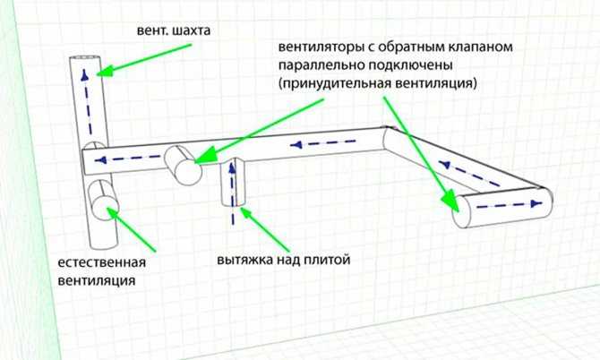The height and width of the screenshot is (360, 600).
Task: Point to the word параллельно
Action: click(x=321, y=65)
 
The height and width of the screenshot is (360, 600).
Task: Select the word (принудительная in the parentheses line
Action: click(x=334, y=83)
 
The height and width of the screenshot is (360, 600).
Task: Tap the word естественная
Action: click(x=102, y=262)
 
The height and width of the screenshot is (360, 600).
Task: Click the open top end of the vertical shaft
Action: click(x=84, y=58)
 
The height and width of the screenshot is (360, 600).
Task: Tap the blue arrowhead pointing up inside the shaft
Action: click(x=84, y=75)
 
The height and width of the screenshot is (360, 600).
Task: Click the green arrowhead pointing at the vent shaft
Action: click(x=105, y=72)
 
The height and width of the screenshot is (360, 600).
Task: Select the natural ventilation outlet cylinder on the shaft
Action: click(x=103, y=200)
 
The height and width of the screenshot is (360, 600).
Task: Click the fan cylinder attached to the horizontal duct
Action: click(x=184, y=166)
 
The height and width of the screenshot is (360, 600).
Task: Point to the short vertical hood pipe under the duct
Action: click(x=234, y=183)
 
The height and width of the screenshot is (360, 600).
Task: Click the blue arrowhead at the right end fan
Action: click(x=537, y=203)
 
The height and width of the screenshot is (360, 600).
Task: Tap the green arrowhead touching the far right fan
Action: click(x=450, y=201)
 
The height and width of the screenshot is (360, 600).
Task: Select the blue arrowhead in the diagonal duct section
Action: click(x=444, y=165)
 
